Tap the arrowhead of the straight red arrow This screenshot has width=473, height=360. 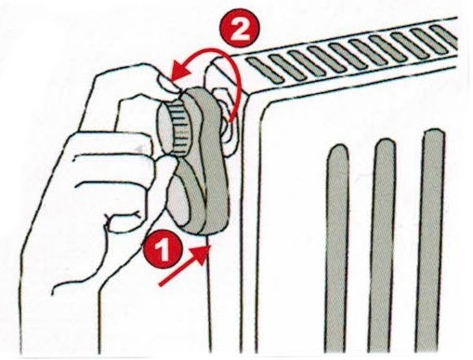coord(203,253)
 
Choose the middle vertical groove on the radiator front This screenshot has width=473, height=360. coord(384,244)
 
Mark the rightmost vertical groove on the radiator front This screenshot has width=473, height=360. coord(432,240)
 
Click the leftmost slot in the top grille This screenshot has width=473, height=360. coord(267,70)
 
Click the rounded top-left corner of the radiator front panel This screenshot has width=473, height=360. coord(268,109)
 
